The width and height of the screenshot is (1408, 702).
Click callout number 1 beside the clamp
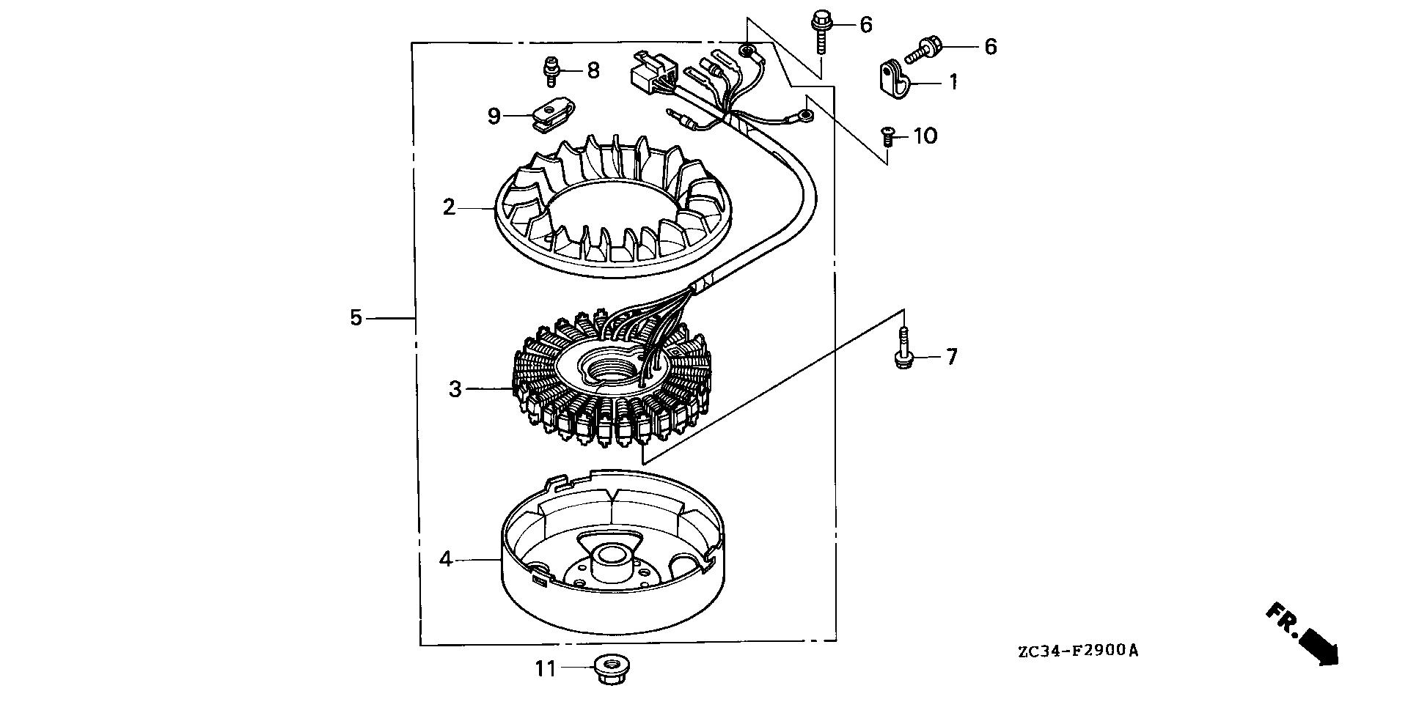pos(953,82)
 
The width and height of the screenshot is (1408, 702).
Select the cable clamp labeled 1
pos(892,80)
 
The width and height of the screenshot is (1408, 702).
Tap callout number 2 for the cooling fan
pos(450,207)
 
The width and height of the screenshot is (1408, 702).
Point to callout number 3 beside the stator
pos(455,389)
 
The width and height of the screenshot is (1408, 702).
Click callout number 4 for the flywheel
pos(446,560)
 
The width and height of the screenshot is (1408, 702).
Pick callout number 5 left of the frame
pos(356,318)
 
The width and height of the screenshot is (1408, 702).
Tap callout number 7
pos(951,357)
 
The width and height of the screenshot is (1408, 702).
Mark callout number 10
pos(925,136)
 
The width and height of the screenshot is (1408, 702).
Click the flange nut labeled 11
pos(606,670)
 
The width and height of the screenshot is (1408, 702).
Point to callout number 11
pos(546,668)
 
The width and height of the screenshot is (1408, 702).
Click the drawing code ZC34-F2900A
pos(1077,651)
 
